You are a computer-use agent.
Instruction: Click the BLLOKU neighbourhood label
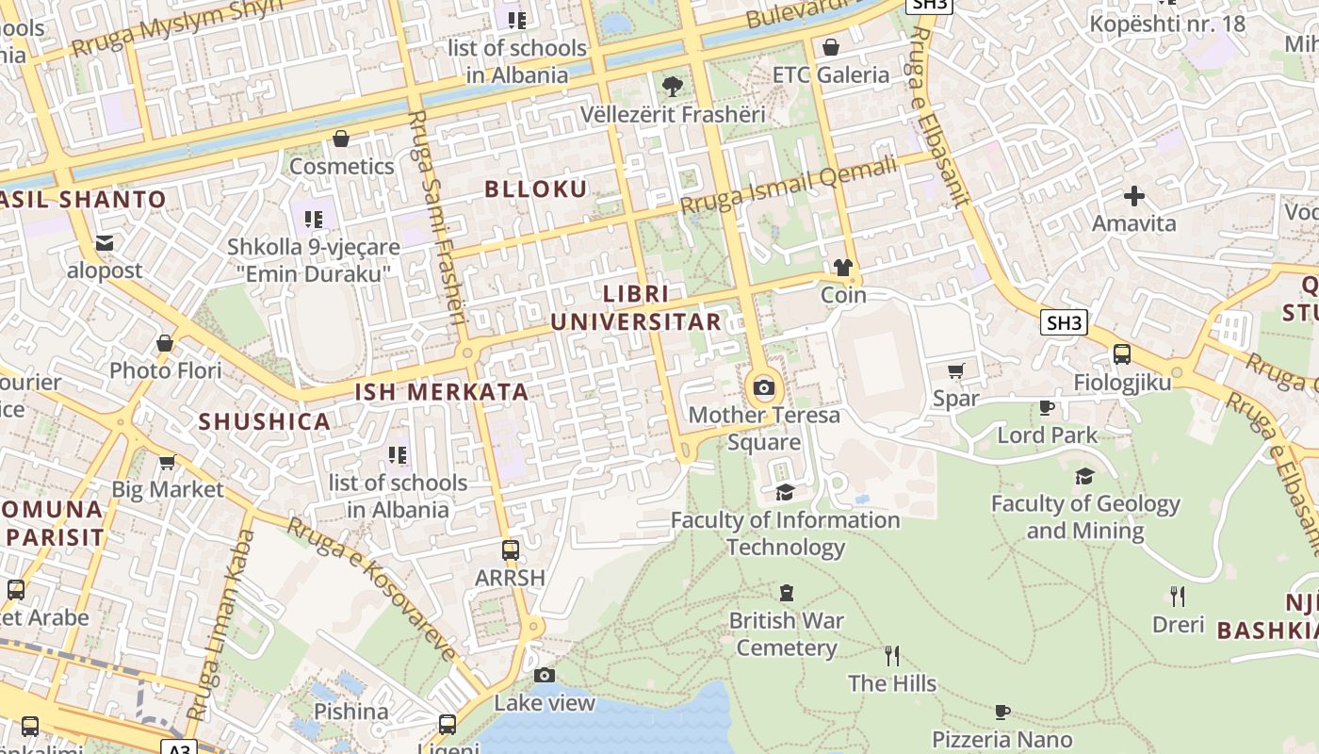click(x=536, y=188)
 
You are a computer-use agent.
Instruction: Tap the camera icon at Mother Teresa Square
click(x=764, y=387)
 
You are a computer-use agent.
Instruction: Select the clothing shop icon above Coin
click(x=842, y=268)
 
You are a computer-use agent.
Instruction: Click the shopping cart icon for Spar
click(x=956, y=370)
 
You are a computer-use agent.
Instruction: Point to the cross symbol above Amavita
click(x=1134, y=196)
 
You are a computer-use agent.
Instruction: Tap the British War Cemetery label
click(x=786, y=634)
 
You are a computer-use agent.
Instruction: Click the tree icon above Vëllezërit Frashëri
click(x=673, y=87)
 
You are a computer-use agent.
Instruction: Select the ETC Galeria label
click(x=830, y=74)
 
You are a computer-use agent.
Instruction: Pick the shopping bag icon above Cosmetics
click(x=341, y=139)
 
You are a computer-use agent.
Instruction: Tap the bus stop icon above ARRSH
click(x=511, y=549)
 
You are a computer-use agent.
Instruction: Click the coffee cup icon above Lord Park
click(x=1046, y=407)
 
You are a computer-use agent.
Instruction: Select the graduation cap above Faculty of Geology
click(x=1084, y=476)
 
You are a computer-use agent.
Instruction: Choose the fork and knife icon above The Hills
click(x=892, y=655)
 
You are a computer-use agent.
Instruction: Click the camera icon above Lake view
click(x=545, y=675)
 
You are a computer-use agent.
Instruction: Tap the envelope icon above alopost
click(x=105, y=243)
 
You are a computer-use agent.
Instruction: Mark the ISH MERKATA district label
click(x=441, y=392)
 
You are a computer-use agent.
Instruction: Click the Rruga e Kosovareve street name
click(x=371, y=590)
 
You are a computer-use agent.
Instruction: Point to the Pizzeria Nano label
click(x=1001, y=739)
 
